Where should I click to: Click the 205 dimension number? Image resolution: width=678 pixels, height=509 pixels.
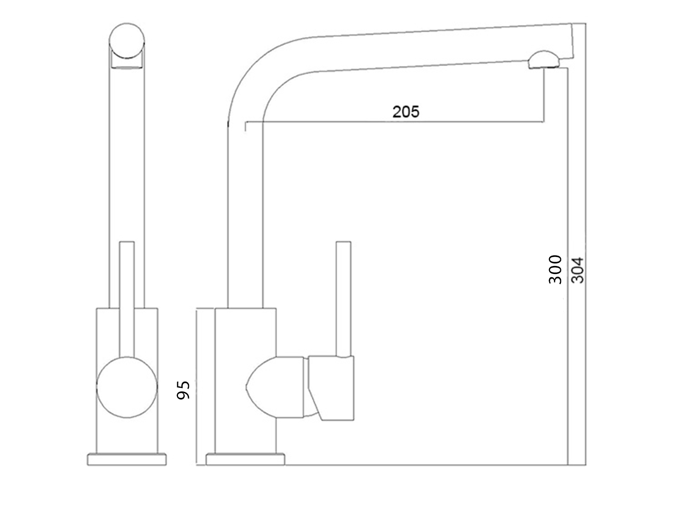click(x=406, y=112)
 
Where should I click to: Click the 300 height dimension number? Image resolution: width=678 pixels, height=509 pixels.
click(x=555, y=269)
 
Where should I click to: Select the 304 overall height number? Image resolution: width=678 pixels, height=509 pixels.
click(x=578, y=270)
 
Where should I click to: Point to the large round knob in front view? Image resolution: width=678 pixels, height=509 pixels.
click(x=127, y=387)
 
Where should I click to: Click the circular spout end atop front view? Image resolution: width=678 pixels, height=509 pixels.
click(x=127, y=40)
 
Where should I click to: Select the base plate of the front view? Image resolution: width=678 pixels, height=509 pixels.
click(x=127, y=459)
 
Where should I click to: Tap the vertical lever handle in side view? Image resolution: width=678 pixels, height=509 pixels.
click(x=343, y=297)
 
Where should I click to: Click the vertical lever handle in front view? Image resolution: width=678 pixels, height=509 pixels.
click(x=127, y=297)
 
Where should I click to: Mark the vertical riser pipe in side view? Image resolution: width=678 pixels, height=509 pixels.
click(x=245, y=212)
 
